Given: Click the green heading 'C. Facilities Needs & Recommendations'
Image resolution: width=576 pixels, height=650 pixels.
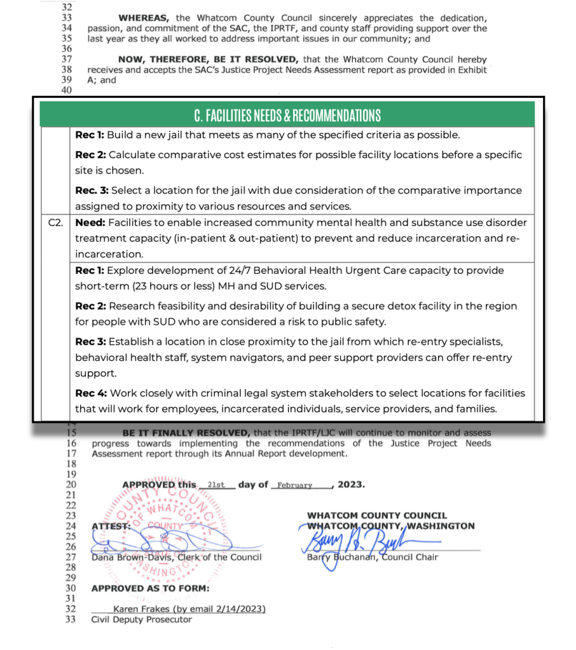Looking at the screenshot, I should tap(287, 116).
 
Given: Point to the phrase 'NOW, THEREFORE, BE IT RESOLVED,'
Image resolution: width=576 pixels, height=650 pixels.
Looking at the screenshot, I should tap(189, 59).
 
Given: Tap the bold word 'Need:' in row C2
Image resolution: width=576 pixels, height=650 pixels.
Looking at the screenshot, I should tap(91, 223).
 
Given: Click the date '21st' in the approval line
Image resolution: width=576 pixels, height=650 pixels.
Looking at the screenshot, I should tap(216, 484).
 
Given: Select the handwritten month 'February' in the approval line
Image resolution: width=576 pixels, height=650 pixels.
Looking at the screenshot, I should tap(294, 485).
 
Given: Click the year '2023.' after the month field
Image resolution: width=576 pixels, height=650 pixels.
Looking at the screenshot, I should tap(351, 484).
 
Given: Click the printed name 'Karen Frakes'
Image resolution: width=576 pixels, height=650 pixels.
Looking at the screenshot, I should tap(141, 609).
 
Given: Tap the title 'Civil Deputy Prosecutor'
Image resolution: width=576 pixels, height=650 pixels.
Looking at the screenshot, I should tap(141, 619).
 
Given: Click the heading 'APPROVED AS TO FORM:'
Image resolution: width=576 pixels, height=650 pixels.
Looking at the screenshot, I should tap(150, 588).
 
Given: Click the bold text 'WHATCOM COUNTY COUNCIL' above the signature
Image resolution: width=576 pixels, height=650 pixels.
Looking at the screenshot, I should tap(376, 515).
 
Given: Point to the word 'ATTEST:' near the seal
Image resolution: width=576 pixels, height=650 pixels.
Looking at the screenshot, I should tap(111, 525).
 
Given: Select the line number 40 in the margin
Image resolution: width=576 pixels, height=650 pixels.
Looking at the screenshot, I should tap(67, 90).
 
